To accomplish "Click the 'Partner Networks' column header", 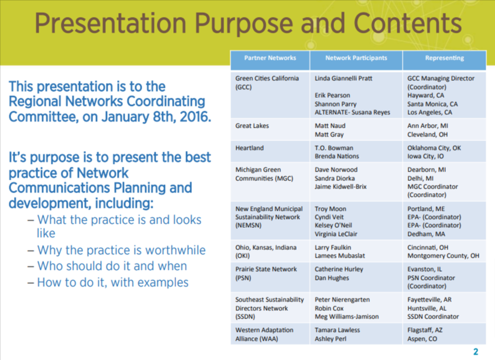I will coord(270,59).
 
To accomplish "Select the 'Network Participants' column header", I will coord(356,59).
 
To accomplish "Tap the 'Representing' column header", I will coord(445,59).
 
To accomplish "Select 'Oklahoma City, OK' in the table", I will coord(434,148).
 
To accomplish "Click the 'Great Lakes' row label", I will coord(252,126).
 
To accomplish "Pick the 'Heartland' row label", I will coord(250,148).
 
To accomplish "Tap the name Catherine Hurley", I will coord(339,269).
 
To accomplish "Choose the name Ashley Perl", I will coord(331,339).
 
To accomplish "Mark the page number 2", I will coord(476,352).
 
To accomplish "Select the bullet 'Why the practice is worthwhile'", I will coord(121,250).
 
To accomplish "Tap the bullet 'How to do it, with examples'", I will coord(113,282).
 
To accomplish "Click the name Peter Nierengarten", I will coord(342,300).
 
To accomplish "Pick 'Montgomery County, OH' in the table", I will coord(443,256).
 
